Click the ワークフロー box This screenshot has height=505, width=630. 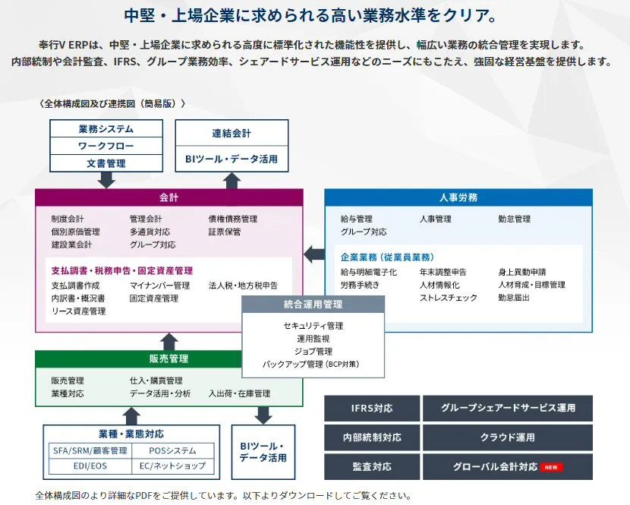[x=106, y=146]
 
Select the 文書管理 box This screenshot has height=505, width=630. [x=106, y=163]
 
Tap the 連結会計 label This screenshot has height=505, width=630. [x=232, y=133]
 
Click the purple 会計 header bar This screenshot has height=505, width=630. [x=169, y=197]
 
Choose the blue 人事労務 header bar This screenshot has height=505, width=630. [x=458, y=197]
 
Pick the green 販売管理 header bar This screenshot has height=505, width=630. [x=139, y=358]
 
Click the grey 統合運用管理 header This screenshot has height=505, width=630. [x=313, y=305]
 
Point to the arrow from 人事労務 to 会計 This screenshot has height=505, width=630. [x=314, y=254]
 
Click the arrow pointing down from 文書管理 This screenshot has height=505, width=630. [x=106, y=180]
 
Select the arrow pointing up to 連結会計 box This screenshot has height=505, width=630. [x=232, y=181]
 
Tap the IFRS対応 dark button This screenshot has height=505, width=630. [x=372, y=408]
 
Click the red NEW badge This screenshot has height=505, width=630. [x=551, y=467]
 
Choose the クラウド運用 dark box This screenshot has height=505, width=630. [x=508, y=437]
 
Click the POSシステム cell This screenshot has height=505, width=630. [x=173, y=451]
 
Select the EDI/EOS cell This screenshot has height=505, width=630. [x=90, y=466]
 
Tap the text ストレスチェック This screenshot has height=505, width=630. [x=449, y=298]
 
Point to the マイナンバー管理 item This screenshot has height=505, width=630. [x=160, y=286]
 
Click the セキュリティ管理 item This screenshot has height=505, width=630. [x=313, y=326]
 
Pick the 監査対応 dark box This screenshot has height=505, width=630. [x=372, y=467]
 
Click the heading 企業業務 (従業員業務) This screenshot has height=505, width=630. [x=388, y=257]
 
